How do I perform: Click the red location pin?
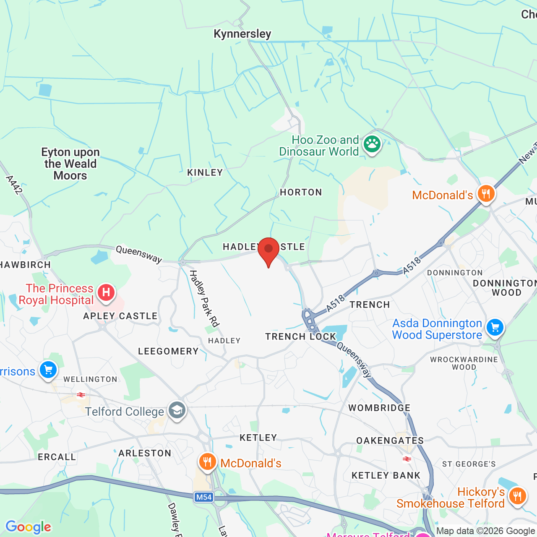[x=268, y=250]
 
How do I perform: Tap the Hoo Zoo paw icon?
[x=372, y=144]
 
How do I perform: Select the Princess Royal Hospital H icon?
[x=106, y=292]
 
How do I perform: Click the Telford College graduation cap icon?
[x=177, y=410]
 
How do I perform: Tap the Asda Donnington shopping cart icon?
[x=495, y=327]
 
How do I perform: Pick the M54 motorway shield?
[x=204, y=497]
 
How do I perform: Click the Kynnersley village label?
[x=242, y=34]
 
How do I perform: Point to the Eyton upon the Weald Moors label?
[x=70, y=164]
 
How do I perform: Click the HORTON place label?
[x=301, y=192]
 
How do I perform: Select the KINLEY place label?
[x=205, y=172]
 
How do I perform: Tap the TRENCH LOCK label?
[x=300, y=336]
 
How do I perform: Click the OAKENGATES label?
[x=390, y=441]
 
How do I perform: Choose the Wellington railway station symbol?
[x=81, y=395]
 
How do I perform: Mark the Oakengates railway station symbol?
[x=407, y=459]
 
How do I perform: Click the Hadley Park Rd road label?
[x=204, y=298]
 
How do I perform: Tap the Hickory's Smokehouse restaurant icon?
[x=517, y=496]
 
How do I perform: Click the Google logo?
[x=29, y=527]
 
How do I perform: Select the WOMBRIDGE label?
[x=379, y=408]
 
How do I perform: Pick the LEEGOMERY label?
[x=168, y=351]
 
